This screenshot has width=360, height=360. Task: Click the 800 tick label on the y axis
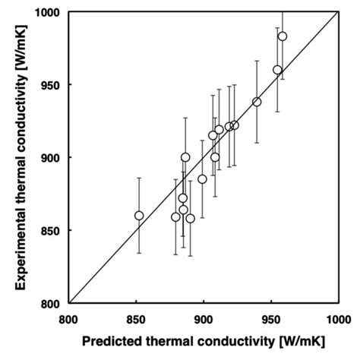(x=52, y=303)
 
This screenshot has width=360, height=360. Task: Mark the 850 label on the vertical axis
(x=52, y=230)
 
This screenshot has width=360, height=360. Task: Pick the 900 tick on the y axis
(x=52, y=157)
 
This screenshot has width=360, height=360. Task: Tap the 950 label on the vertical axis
(x=52, y=84)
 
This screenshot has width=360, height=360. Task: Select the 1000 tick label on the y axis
(x=49, y=12)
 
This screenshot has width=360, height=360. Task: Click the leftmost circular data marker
(x=139, y=216)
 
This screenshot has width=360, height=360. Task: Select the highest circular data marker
(x=283, y=36)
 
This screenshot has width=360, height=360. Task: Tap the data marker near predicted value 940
(x=257, y=102)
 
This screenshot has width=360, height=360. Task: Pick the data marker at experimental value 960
(x=277, y=70)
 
